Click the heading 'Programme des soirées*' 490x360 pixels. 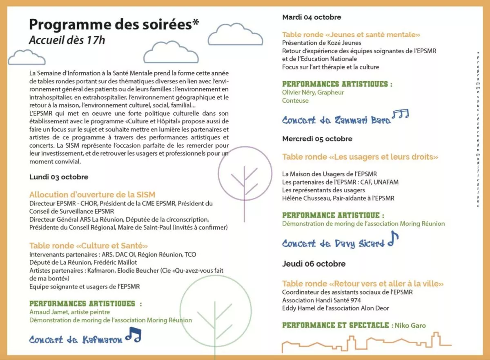[x=114, y=25]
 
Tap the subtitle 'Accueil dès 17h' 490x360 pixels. [x=67, y=40]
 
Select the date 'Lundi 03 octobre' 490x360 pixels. [x=59, y=177]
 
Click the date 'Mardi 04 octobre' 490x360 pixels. [x=312, y=17]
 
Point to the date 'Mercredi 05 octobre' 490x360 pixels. [x=317, y=139]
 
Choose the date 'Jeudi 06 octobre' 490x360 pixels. [x=314, y=264]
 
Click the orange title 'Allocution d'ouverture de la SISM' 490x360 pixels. [x=92, y=195]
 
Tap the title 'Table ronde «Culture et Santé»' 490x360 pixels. [x=88, y=246]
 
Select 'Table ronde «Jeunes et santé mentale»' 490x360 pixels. [x=351, y=35]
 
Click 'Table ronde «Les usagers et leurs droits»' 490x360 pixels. [x=360, y=157]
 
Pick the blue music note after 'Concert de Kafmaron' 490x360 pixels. [x=133, y=335]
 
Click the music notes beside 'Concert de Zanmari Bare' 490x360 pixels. [x=400, y=115]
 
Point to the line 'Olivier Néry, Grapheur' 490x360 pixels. [x=313, y=92]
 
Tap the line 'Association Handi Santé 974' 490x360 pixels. [x=320, y=300]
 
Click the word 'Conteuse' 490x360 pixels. [x=295, y=101]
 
